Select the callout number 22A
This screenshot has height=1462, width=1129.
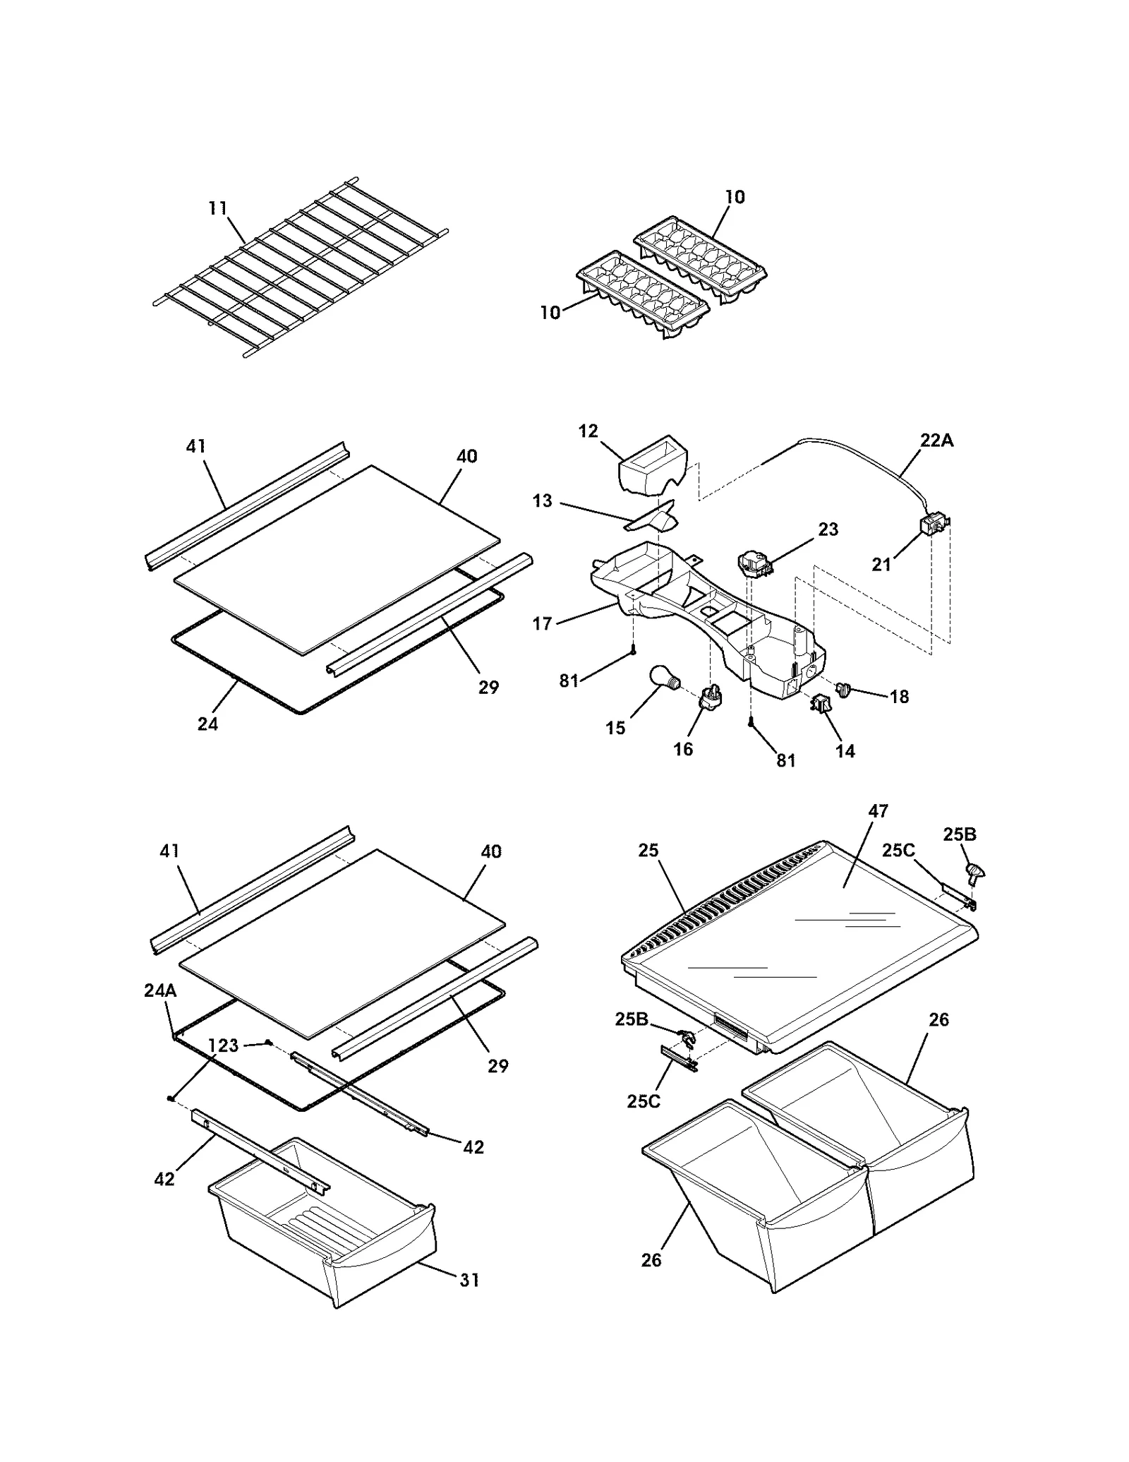pyautogui.click(x=936, y=441)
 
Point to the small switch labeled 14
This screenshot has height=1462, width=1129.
pyautogui.click(x=821, y=704)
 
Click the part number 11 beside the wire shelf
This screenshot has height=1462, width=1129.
pyautogui.click(x=217, y=208)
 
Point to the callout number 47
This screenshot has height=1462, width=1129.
pyautogui.click(x=878, y=811)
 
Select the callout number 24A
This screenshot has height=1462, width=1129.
pyautogui.click(x=160, y=990)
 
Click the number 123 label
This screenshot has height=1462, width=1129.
pyautogui.click(x=224, y=1045)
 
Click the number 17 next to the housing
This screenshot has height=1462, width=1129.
pyautogui.click(x=542, y=623)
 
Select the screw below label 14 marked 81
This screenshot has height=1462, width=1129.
pyautogui.click(x=752, y=723)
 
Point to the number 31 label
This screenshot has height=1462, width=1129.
pyautogui.click(x=469, y=1280)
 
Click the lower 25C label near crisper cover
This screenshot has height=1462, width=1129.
pyautogui.click(x=644, y=1101)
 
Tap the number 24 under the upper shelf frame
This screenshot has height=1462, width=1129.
pyautogui.click(x=207, y=724)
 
